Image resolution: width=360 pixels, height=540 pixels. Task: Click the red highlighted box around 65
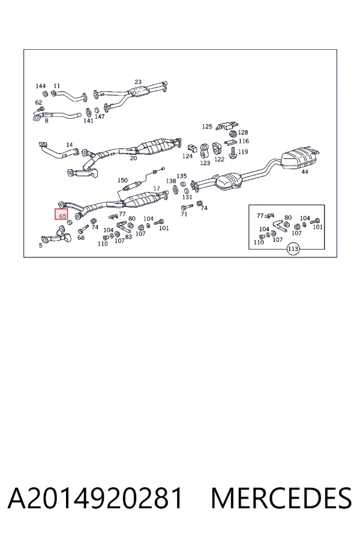(62, 214)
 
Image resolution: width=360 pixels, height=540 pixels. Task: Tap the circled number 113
(293, 249)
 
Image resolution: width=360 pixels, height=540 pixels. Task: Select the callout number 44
(305, 172)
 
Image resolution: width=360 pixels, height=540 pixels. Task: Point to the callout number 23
(138, 82)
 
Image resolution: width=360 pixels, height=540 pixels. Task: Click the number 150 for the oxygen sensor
(122, 180)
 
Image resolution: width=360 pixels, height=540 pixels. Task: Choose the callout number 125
(207, 127)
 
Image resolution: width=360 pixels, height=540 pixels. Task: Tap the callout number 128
(243, 132)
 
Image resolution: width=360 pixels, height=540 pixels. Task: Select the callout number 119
(243, 152)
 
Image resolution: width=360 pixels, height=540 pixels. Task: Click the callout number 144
(41, 86)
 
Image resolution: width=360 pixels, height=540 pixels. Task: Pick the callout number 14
(69, 145)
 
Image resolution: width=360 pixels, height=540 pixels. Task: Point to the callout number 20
(133, 158)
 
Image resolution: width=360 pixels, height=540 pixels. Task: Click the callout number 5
(41, 245)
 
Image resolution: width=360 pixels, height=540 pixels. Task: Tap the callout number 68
(80, 238)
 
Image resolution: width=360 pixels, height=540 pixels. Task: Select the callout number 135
(182, 176)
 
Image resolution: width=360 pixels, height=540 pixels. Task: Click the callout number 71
(184, 214)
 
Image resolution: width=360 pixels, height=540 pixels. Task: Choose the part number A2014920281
(95, 499)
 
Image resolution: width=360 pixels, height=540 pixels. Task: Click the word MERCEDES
(281, 499)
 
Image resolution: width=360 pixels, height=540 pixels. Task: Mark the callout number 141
(89, 121)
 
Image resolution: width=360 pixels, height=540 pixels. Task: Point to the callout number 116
(244, 141)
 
